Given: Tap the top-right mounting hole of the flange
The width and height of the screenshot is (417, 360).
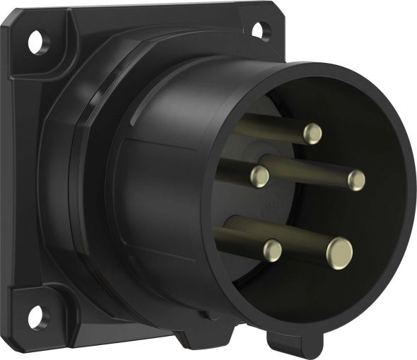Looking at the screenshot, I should click(259, 30).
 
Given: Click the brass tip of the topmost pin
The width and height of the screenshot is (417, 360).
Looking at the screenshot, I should click(312, 134).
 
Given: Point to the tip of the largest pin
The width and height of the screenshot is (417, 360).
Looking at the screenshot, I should click(339, 250).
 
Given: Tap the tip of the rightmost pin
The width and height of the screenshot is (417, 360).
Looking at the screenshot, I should click(356, 180).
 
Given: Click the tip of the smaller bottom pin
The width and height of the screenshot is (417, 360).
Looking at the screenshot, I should click(271, 249).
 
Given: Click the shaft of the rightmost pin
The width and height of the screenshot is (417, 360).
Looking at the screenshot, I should click(311, 170).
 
